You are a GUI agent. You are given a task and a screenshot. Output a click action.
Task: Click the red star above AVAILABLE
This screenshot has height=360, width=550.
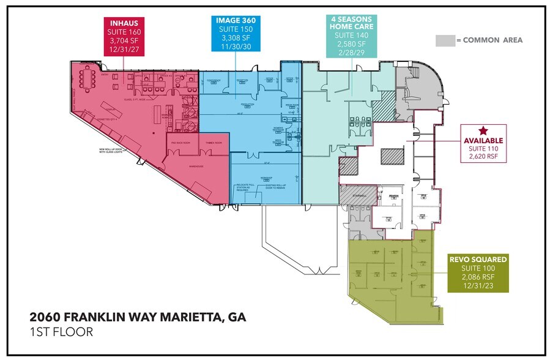(483, 130)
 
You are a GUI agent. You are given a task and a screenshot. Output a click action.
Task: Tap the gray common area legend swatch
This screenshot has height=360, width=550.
(444, 40)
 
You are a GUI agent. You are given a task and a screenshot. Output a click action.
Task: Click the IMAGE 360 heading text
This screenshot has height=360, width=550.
(235, 20)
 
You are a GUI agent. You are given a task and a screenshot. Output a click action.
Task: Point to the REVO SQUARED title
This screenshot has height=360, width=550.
(478, 260)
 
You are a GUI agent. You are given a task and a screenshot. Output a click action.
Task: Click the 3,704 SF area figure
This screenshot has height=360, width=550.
(123, 40)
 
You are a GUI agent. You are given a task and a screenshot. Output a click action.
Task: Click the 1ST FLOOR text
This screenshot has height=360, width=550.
(61, 332)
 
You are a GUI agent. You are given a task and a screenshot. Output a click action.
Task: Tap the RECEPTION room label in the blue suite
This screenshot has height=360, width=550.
(242, 81)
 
